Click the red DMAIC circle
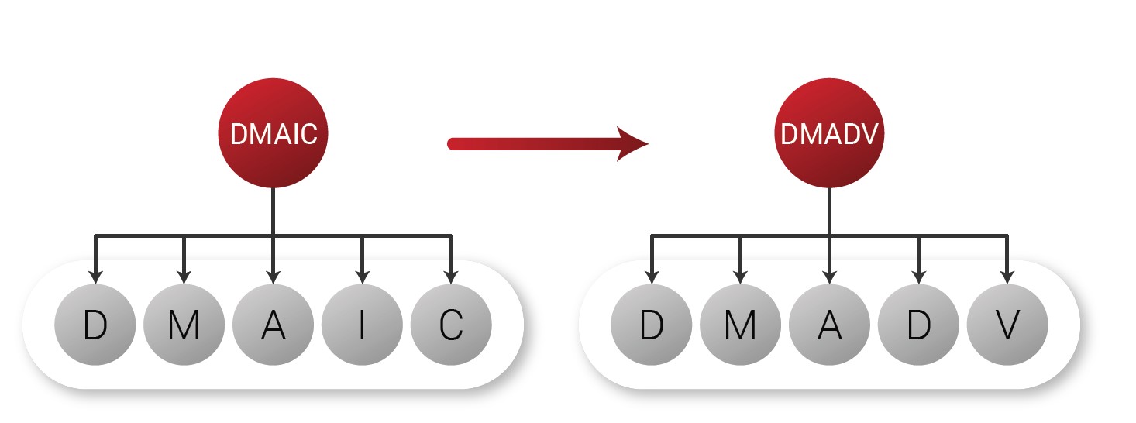tap(274, 133)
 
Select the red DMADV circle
tap(829, 133)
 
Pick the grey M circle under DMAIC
tap(184, 325)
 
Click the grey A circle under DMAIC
tap(273, 325)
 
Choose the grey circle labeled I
tap(362, 325)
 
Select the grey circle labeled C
tap(451, 325)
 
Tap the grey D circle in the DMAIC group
tap(95, 325)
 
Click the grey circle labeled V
tap(1007, 325)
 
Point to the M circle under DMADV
tap(740, 325)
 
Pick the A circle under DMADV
tap(829, 325)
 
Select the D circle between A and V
tap(918, 325)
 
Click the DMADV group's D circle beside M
tap(651, 325)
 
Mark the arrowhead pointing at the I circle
tap(362, 277)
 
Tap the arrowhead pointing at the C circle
tap(451, 277)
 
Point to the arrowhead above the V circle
tap(1007, 277)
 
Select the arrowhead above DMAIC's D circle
tap(95, 277)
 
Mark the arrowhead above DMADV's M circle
tap(740, 277)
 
